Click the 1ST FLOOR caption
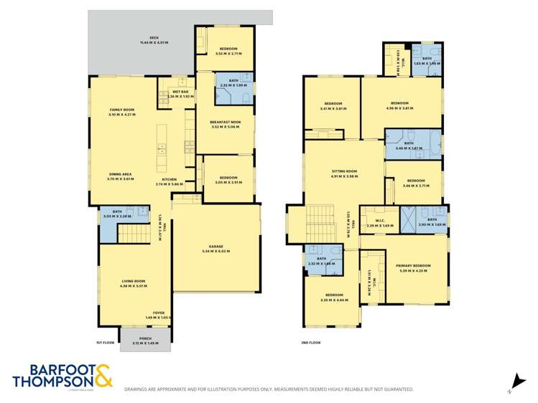105,343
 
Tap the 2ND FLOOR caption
310,343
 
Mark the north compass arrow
514,384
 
